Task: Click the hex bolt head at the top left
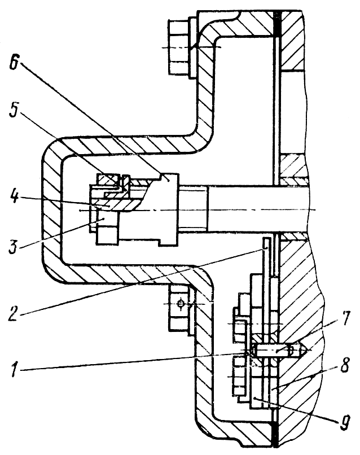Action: [178, 48]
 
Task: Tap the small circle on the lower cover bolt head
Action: [181, 304]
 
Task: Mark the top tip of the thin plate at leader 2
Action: [265, 241]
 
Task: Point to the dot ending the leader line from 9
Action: [255, 399]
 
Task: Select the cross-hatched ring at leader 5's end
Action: [108, 180]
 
